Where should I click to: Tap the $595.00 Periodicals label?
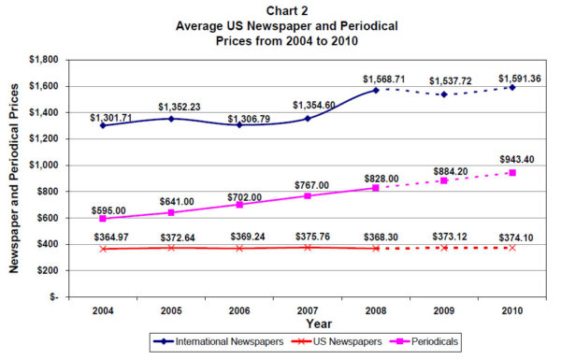click(x=110, y=211)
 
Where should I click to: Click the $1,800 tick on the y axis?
click(x=44, y=59)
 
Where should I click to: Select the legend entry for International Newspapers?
click(x=218, y=343)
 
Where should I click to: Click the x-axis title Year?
click(x=307, y=322)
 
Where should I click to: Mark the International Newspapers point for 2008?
click(x=375, y=90)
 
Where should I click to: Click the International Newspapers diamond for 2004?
click(x=102, y=125)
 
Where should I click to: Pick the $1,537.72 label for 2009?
click(x=443, y=82)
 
